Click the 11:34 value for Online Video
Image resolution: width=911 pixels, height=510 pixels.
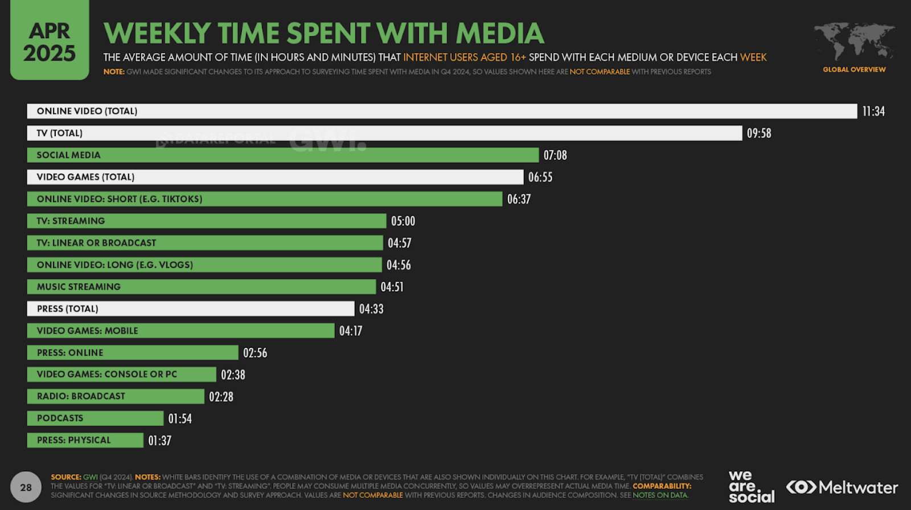873,111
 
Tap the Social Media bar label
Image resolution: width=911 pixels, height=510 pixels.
68,155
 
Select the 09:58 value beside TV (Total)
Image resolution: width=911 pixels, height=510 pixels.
759,133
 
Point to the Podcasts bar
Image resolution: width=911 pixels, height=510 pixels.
95,418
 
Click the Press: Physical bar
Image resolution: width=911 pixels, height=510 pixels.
85,440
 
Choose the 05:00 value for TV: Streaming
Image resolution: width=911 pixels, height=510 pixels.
403,221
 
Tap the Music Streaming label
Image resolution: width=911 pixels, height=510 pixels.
79,287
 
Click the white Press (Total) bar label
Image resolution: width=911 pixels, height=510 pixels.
67,309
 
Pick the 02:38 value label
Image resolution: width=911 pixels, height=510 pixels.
233,375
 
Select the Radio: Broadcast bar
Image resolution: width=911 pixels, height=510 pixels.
116,396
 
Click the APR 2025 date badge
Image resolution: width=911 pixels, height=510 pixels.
50,41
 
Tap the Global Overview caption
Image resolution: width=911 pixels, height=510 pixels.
854,69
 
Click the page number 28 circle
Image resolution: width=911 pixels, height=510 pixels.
26,487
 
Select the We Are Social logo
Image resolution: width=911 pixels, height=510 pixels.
751,487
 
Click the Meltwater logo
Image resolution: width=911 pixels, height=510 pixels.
842,488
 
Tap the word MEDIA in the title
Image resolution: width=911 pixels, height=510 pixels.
500,33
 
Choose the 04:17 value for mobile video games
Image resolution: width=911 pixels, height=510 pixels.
351,331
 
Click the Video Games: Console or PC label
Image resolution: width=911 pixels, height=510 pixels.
106,374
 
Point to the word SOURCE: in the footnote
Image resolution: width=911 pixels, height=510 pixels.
66,477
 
